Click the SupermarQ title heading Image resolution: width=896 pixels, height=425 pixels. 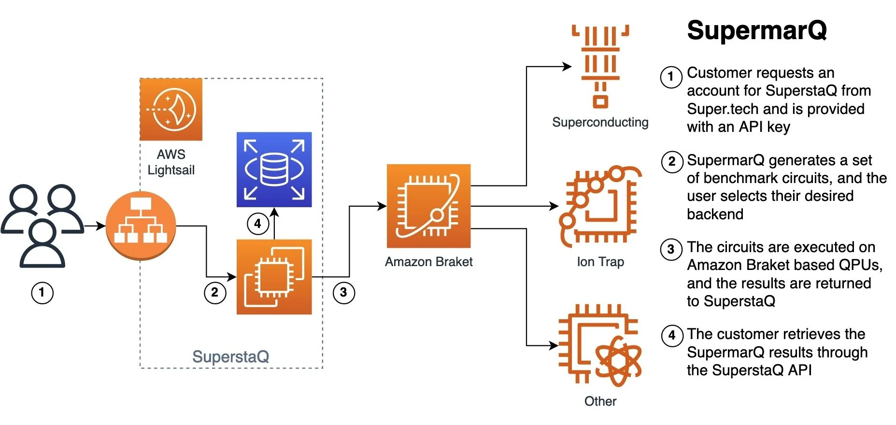point(756,30)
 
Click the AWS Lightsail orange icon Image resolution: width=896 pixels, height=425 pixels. point(171,110)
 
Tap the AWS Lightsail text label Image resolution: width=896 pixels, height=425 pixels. point(171,162)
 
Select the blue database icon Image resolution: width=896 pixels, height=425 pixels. point(274,170)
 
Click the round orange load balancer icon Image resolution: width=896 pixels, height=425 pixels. point(141,226)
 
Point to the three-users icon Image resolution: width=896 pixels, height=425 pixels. point(43,226)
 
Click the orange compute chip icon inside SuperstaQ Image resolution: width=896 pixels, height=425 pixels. point(274,277)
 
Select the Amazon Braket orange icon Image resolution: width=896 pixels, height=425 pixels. point(428,206)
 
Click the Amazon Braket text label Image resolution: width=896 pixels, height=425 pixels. point(428,262)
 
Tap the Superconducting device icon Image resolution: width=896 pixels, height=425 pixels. point(600,65)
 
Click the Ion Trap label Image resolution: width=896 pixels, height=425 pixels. point(600,262)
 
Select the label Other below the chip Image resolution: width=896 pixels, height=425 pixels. point(600,401)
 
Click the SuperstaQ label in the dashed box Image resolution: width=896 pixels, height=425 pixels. point(230,356)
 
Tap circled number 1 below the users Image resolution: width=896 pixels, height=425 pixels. point(42,293)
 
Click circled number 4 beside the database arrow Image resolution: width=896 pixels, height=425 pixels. point(258,224)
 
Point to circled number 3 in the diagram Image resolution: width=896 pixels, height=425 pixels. point(343,293)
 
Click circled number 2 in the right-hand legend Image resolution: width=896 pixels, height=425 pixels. point(671,161)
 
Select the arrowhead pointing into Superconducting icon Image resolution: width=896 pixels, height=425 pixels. point(567,67)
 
